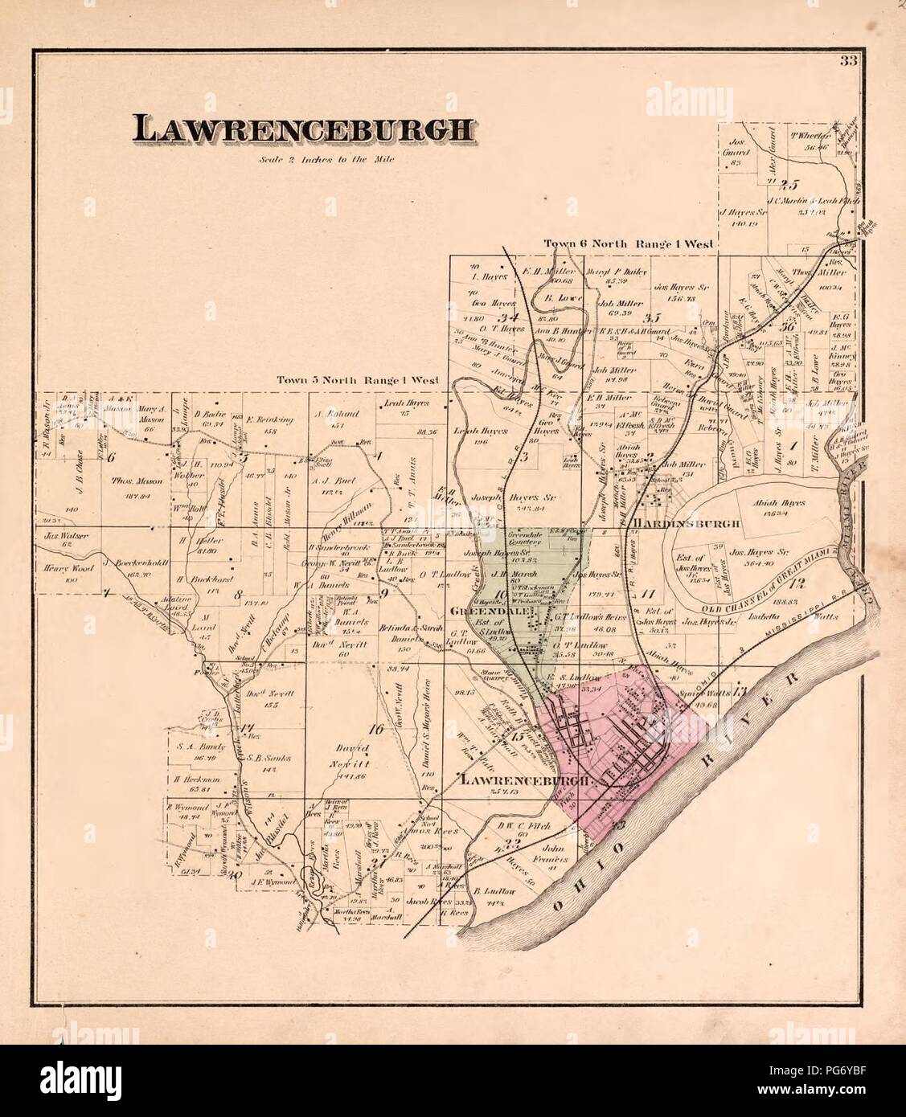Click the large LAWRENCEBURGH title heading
303,130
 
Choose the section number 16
373,730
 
